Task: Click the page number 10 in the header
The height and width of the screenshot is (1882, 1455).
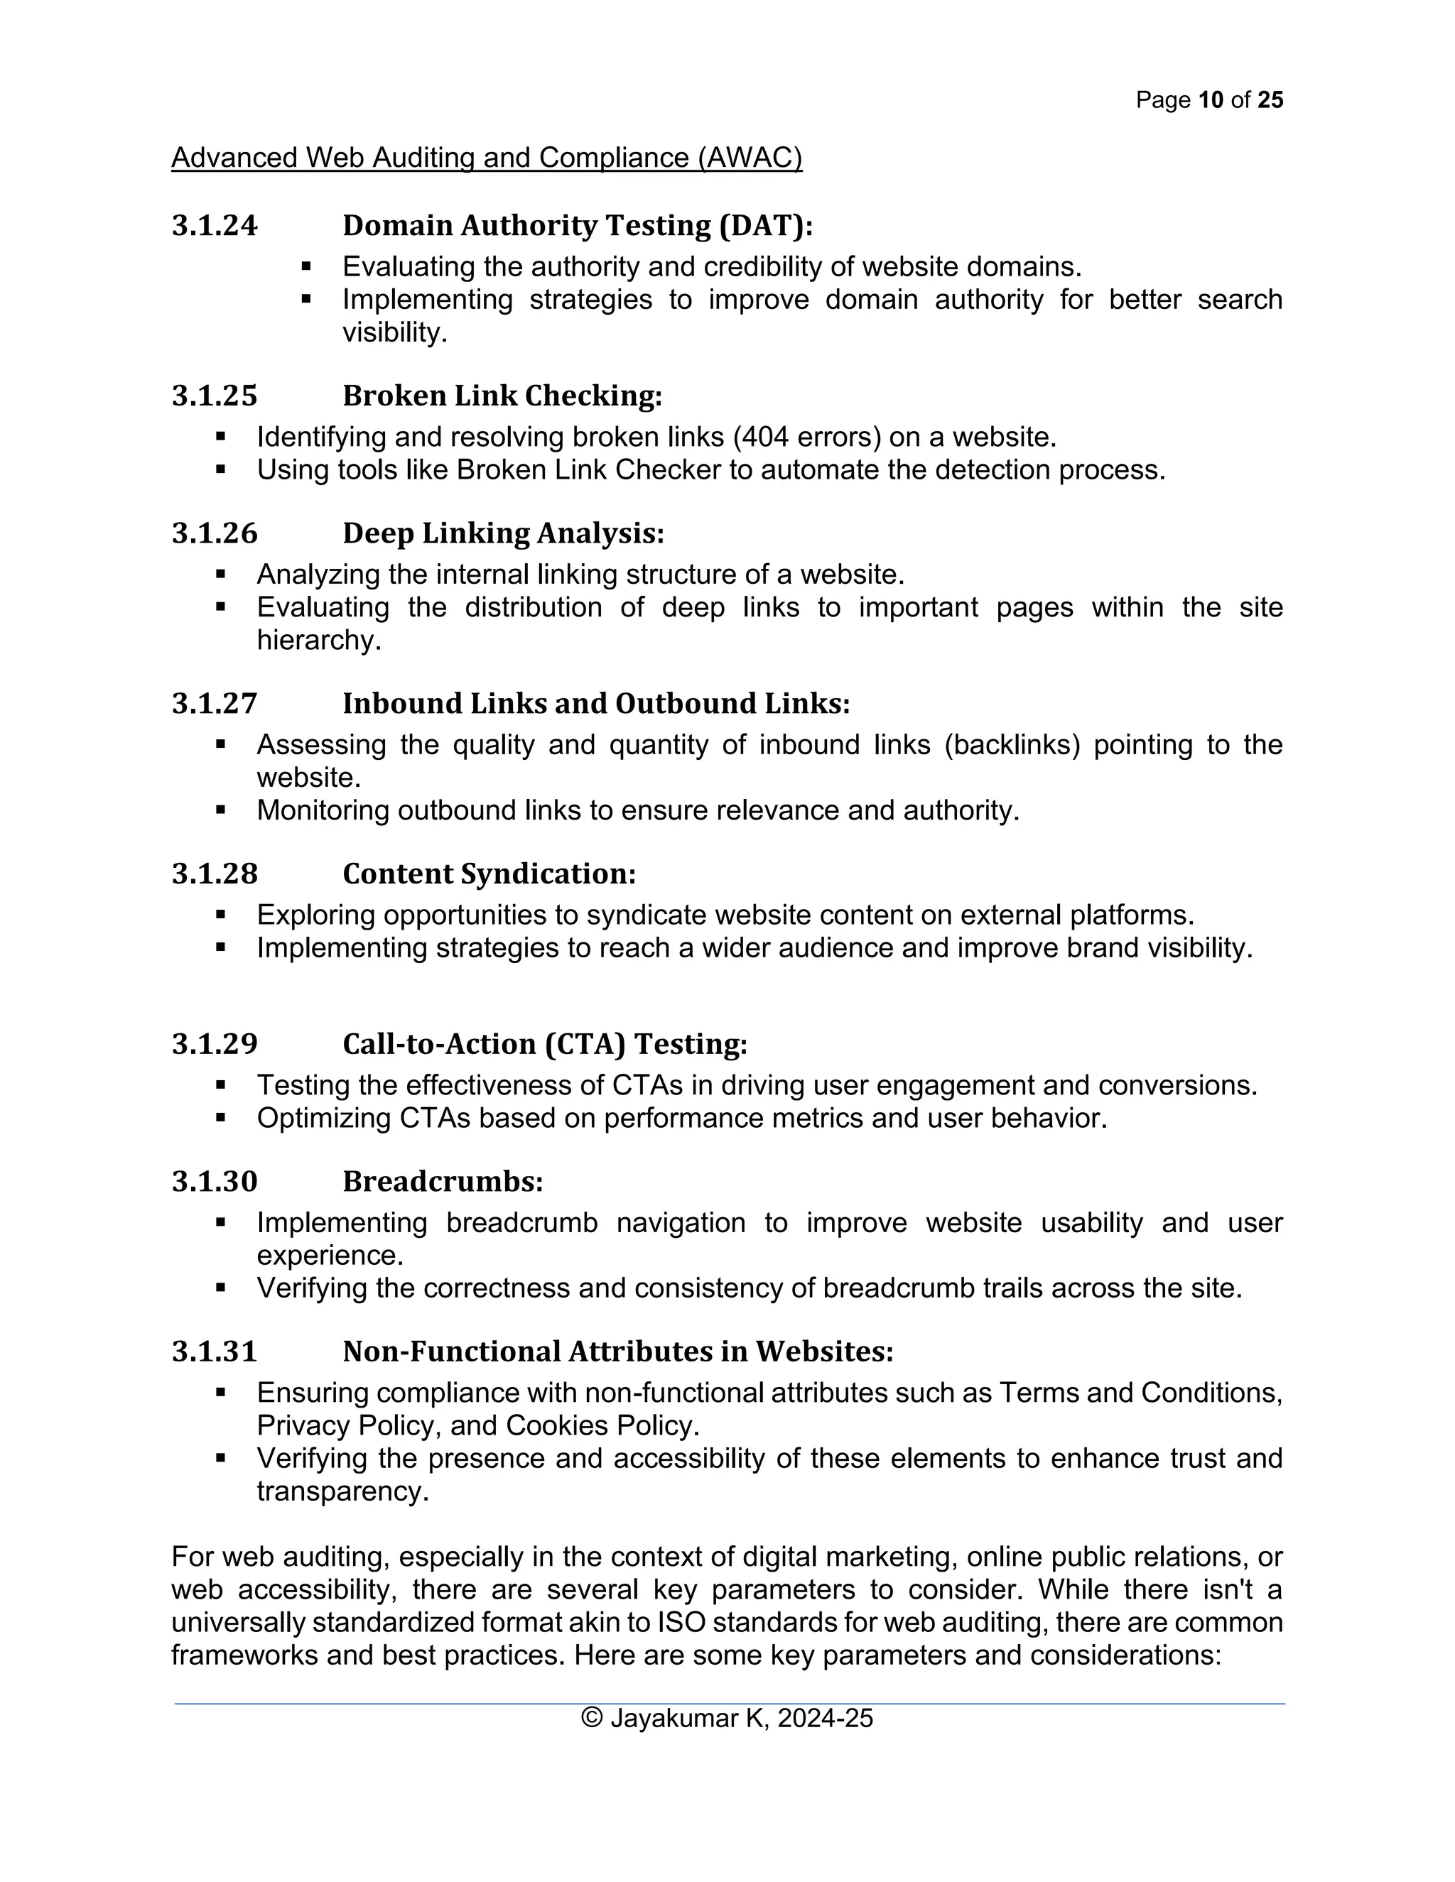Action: click(1210, 100)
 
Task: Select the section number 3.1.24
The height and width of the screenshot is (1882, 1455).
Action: click(214, 226)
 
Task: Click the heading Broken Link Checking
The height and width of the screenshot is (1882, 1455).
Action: click(502, 396)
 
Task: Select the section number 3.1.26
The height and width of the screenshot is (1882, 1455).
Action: click(214, 533)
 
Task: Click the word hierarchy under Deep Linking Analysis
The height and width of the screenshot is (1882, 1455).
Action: click(318, 641)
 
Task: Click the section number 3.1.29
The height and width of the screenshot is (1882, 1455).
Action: click(214, 1045)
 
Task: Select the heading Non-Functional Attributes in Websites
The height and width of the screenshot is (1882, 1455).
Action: click(617, 1351)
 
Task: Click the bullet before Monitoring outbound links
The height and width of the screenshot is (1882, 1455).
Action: click(221, 810)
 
